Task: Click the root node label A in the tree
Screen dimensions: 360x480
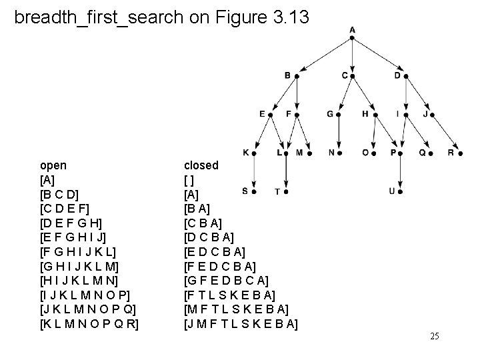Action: pos(352,29)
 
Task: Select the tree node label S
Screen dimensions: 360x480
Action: pos(245,191)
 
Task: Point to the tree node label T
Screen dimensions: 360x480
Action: pos(277,192)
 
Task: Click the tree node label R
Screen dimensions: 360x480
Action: pos(451,152)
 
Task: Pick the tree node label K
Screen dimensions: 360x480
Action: pos(245,152)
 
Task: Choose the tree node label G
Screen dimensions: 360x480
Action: pos(329,114)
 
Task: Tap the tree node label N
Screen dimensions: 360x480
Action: pos(332,152)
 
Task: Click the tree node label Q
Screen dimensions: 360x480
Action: pos(421,152)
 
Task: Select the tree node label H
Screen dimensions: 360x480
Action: pos(365,114)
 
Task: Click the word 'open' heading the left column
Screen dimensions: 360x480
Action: pos(53,165)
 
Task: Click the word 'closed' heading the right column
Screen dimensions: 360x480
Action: pos(201,165)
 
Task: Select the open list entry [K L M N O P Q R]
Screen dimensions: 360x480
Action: pos(93,325)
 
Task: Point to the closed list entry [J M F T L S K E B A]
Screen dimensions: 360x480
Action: pos(241,325)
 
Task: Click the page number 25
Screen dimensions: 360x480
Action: pos(435,336)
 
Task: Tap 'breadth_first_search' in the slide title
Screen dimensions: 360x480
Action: pos(98,17)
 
